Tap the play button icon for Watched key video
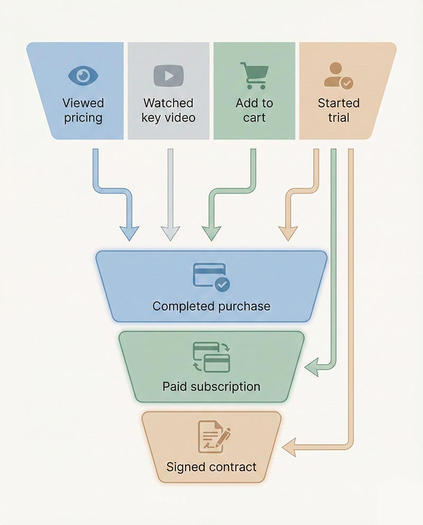(x=168, y=76)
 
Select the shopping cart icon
(x=254, y=75)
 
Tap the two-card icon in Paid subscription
(x=212, y=357)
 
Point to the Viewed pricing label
(x=83, y=110)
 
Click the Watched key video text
(x=168, y=110)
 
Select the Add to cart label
(x=254, y=110)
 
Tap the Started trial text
(x=338, y=110)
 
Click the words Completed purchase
(x=211, y=306)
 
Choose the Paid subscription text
(x=211, y=386)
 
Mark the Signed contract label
(x=211, y=467)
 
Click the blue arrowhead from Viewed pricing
(x=129, y=233)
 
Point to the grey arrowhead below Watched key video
(x=171, y=233)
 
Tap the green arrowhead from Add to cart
(x=212, y=233)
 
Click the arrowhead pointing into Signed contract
(x=289, y=447)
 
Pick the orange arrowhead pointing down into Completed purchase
(x=288, y=233)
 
